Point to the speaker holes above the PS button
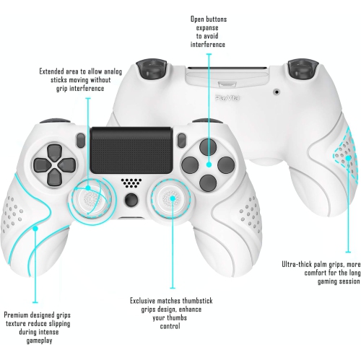[x=130, y=183]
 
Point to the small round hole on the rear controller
[x=278, y=92]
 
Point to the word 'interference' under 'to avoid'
[x=207, y=44]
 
